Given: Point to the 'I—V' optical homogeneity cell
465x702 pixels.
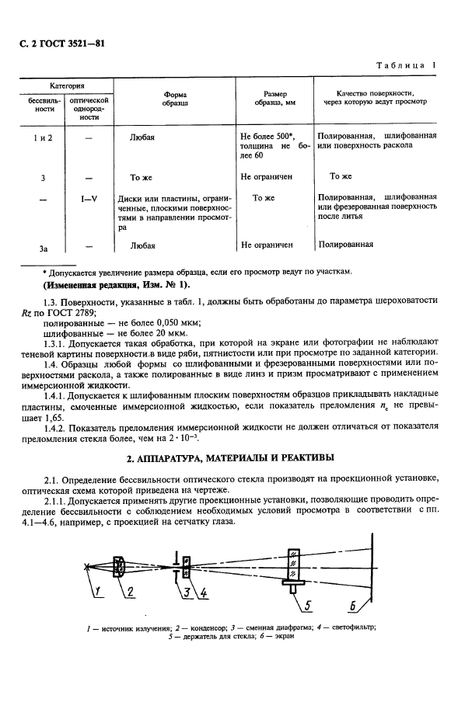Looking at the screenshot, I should [89, 198].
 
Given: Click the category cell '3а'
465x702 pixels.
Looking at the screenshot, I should [44, 247].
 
